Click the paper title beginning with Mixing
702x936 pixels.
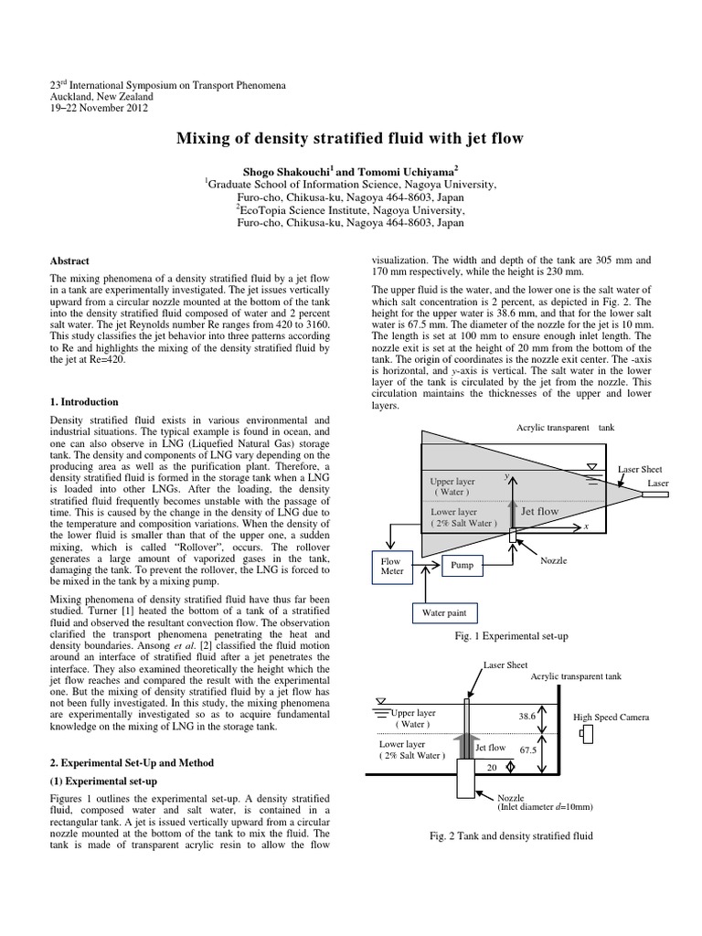click(x=350, y=139)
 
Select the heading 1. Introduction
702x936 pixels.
click(x=84, y=401)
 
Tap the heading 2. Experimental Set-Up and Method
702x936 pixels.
click(x=133, y=761)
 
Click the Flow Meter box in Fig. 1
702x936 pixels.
click(x=391, y=567)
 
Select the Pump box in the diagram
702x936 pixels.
click(x=462, y=566)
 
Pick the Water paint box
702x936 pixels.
click(x=443, y=612)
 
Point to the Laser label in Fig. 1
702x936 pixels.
click(x=658, y=482)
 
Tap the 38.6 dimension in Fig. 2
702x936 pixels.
click(x=526, y=717)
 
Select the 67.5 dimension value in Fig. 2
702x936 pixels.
click(x=527, y=750)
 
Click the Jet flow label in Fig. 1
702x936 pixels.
click(x=539, y=512)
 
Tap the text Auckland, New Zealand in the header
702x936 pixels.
click(x=101, y=96)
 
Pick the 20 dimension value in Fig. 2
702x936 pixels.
click(x=492, y=768)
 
